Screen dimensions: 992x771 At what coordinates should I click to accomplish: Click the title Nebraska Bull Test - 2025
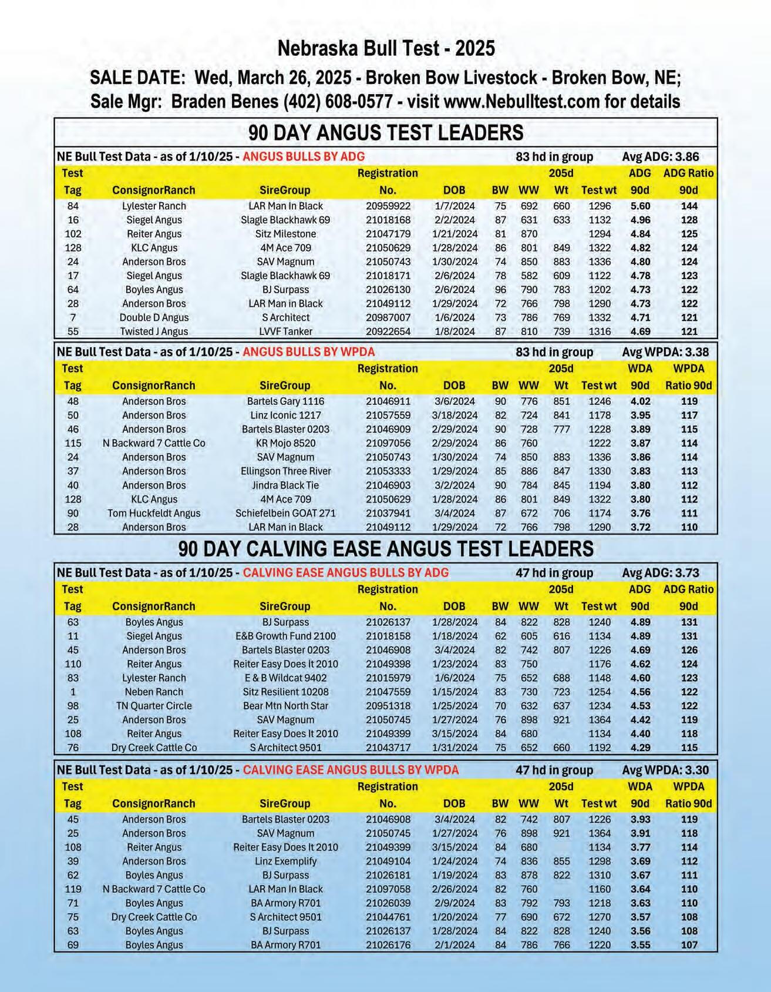386,48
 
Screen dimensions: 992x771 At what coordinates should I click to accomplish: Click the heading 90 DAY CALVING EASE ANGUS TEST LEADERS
386,549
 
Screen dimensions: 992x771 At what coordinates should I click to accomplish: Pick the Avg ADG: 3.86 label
660,157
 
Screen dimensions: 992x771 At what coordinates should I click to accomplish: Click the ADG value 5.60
639,206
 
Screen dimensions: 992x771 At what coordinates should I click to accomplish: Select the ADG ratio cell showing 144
689,206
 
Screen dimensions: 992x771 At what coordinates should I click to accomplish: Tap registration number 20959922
388,206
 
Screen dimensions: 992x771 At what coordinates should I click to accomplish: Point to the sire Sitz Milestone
285,234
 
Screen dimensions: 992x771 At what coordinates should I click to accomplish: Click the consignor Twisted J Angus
154,331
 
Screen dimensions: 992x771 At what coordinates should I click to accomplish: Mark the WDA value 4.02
639,401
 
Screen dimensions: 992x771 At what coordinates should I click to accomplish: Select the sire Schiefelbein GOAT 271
285,513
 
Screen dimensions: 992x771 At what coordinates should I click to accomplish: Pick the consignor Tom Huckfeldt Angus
154,513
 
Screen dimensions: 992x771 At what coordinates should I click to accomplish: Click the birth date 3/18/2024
454,415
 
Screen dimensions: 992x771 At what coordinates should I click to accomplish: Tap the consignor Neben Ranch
154,692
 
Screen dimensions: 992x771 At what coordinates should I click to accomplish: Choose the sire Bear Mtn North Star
285,706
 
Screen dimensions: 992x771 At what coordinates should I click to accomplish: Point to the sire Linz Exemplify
285,861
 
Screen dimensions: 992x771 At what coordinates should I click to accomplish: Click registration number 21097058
388,889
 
